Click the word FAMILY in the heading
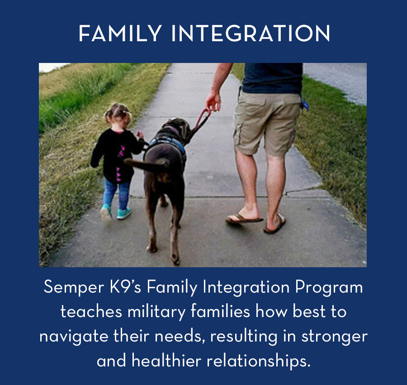(x=120, y=33)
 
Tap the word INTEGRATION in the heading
(x=251, y=33)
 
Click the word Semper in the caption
(x=74, y=288)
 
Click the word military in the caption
(x=156, y=312)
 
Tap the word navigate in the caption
(x=74, y=337)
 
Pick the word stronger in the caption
(x=334, y=337)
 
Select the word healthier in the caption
(x=166, y=360)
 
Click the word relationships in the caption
(x=259, y=361)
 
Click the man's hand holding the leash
(x=213, y=101)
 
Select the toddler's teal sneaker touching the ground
(x=123, y=213)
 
